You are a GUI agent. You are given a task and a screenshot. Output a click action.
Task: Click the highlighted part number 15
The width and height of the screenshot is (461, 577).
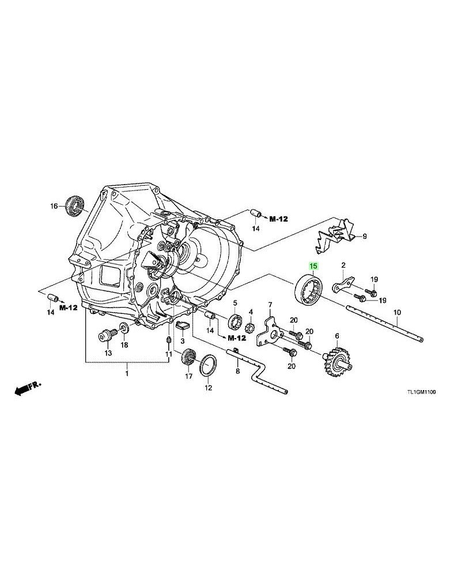tap(313, 265)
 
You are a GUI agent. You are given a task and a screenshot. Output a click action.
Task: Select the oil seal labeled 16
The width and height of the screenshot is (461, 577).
tap(75, 205)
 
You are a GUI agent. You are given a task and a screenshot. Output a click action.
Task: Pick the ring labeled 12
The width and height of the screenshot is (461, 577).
tap(208, 365)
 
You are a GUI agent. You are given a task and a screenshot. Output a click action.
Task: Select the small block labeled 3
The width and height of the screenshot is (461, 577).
tap(182, 325)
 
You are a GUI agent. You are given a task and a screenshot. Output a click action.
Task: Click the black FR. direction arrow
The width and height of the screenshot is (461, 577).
tap(28, 388)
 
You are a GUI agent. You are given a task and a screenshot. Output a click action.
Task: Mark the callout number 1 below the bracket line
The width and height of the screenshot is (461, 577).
tap(127, 374)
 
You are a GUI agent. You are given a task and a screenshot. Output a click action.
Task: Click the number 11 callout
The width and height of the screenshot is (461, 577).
tap(168, 354)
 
